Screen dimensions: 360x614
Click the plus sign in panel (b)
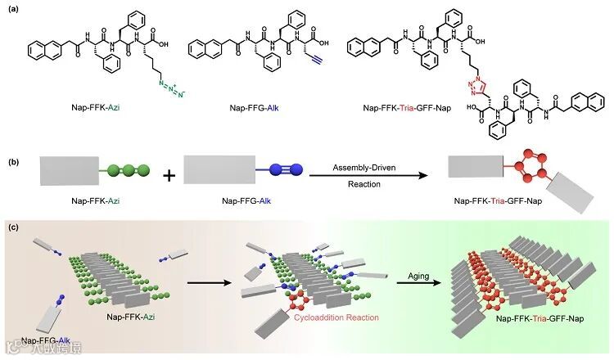click(x=169, y=173)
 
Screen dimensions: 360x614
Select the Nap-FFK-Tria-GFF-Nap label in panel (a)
click(x=409, y=127)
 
